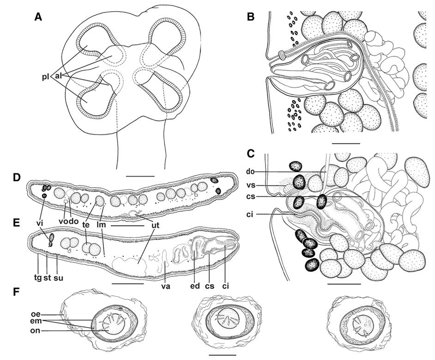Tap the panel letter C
pyautogui.click(x=250, y=153)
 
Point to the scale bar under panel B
pyautogui.click(x=345, y=144)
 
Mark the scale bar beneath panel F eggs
pyautogui.click(x=222, y=355)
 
